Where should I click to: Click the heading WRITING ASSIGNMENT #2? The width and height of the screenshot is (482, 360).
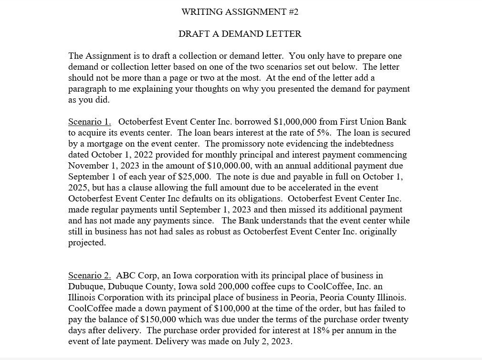(x=240, y=12)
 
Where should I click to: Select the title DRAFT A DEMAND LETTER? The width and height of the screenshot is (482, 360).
(x=240, y=34)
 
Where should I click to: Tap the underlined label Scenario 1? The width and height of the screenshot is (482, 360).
(x=89, y=122)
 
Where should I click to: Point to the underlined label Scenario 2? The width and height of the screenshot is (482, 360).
(x=89, y=275)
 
